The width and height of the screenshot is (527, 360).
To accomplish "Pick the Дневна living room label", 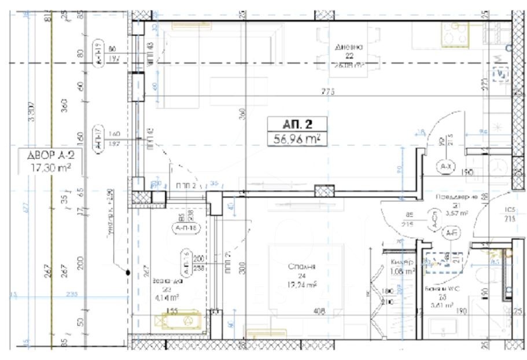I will (349, 47).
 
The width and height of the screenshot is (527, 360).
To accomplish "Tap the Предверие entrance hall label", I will (455, 197).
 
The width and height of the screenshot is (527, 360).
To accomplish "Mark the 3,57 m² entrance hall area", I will (455, 213).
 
